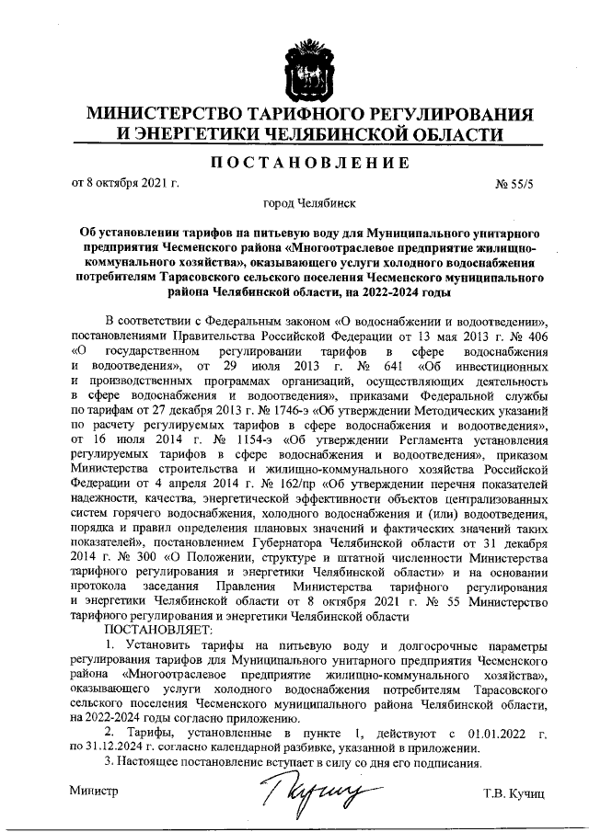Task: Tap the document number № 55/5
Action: point(514,184)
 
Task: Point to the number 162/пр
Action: point(261,482)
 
